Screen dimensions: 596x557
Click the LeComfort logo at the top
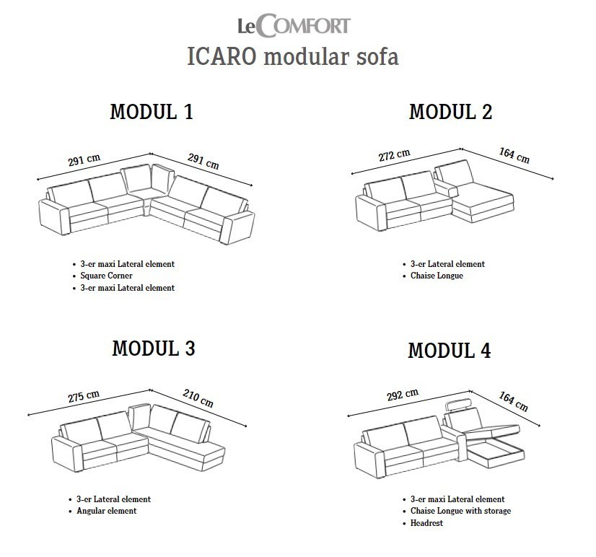coord(294,25)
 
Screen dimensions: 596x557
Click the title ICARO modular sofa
coord(293,57)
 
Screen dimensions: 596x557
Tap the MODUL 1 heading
coord(152,112)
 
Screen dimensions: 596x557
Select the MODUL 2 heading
coord(450,112)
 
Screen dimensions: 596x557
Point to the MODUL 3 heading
coord(154,348)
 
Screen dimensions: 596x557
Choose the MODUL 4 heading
coord(450,351)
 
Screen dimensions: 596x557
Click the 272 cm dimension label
coord(395,154)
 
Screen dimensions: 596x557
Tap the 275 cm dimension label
coord(84,396)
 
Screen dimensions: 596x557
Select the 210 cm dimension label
coord(198,398)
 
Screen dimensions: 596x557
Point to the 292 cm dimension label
coord(403,395)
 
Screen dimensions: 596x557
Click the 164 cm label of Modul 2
coord(514,155)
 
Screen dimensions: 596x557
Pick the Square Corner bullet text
coord(107,276)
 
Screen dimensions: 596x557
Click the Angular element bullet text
coord(107,511)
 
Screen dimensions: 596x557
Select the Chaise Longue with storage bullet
coord(460,511)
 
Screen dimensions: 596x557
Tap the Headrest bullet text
coord(426,523)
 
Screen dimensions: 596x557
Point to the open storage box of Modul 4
coord(496,452)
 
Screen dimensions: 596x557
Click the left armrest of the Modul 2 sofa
coord(371,213)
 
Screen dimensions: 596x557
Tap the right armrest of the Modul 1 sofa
coord(238,228)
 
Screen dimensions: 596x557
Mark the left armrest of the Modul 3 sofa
coord(67,455)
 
